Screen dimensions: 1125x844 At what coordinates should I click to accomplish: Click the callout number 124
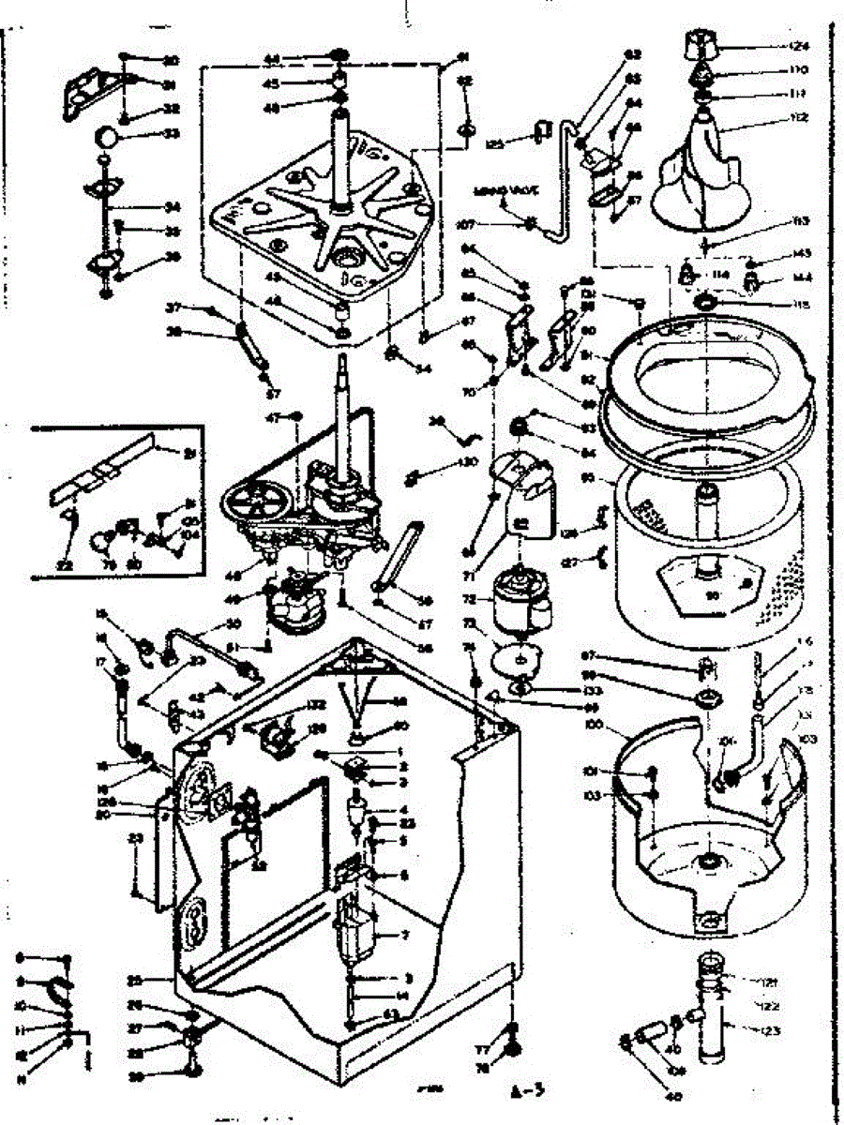799,46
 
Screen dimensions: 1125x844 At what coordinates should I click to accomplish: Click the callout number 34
171,207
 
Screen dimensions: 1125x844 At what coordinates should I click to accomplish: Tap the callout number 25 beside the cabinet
134,980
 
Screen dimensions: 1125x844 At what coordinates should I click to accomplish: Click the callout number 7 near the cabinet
404,936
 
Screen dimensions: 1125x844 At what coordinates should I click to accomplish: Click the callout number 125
496,144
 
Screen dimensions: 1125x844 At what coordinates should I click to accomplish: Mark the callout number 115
799,306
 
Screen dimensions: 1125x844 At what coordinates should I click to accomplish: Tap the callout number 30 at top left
171,62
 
